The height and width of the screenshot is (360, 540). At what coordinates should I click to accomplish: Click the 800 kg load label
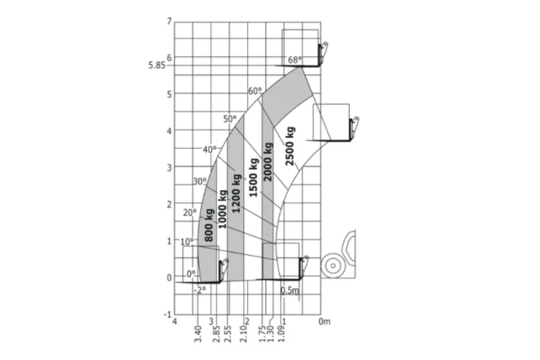(x=209, y=225)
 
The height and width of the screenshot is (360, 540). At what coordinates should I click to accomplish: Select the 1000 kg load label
(x=223, y=209)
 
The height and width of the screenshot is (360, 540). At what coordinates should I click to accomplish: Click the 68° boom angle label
(x=295, y=59)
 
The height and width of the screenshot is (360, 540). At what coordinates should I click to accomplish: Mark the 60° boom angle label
(x=255, y=91)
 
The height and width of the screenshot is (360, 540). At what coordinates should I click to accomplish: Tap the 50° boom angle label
(x=230, y=119)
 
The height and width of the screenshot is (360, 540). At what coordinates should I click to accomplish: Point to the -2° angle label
(x=200, y=289)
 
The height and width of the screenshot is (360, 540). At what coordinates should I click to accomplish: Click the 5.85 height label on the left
(x=157, y=65)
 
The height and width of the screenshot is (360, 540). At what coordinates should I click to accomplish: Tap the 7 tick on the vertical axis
(x=169, y=22)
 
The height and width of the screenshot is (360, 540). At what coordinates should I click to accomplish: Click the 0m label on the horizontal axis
(x=324, y=322)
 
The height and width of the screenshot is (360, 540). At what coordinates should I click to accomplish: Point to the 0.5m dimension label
(x=290, y=290)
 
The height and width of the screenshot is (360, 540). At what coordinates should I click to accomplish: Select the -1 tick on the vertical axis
(x=168, y=314)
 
